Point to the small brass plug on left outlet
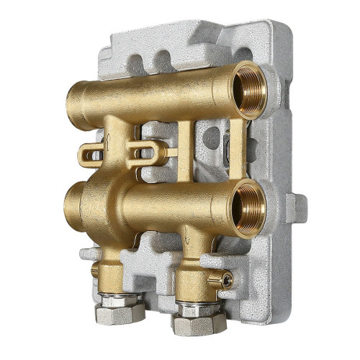pos(94,271)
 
